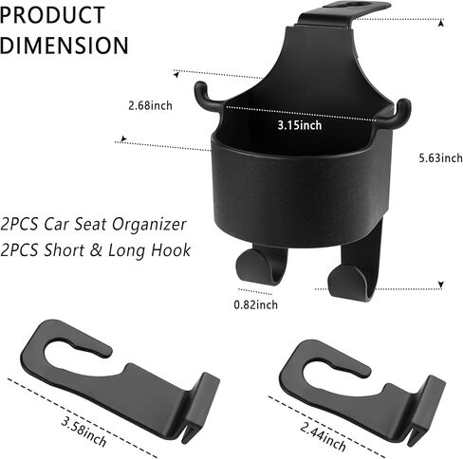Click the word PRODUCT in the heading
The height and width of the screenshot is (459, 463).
point(52,14)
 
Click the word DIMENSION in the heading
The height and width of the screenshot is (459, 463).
point(65,46)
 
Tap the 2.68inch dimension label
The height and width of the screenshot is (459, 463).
point(150,105)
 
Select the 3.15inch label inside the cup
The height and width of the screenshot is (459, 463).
point(300,125)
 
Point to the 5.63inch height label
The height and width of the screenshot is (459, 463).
point(441,157)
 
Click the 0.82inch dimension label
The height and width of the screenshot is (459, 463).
point(256,304)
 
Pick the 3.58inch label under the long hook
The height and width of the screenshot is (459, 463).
point(83,431)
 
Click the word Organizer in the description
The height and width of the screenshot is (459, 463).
point(149,225)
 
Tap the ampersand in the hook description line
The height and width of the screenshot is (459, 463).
point(97,249)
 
